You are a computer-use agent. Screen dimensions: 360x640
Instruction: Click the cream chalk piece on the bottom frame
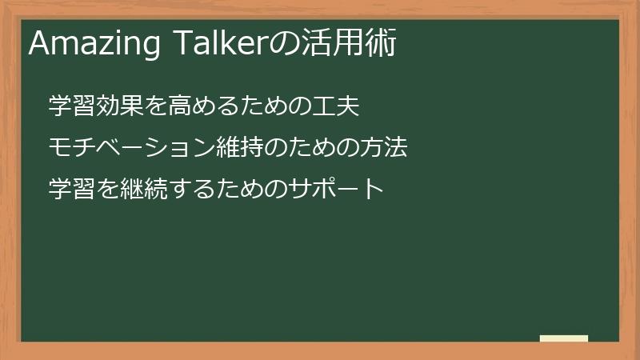(564, 338)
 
